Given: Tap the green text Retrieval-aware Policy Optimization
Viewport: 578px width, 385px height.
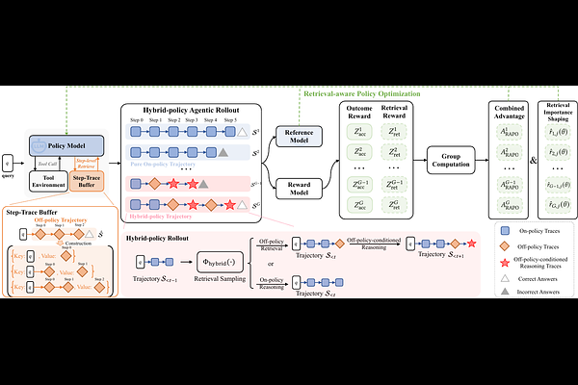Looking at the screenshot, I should coord(362,94).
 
